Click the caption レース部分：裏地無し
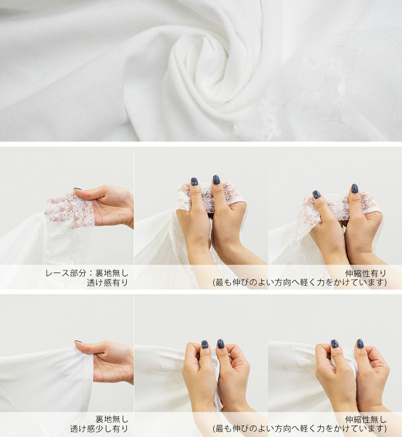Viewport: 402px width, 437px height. pyautogui.click(x=87, y=273)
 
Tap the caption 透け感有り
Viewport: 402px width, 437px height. pyautogui.click(x=107, y=282)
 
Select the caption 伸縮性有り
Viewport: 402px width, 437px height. pyautogui.click(x=366, y=273)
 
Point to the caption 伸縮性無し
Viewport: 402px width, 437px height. pyautogui.click(x=366, y=419)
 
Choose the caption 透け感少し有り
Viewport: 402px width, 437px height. pyautogui.click(x=99, y=429)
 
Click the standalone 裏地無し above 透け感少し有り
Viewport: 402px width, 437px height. pyautogui.click(x=112, y=419)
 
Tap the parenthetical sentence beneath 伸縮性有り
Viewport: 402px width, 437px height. pyautogui.click(x=300, y=282)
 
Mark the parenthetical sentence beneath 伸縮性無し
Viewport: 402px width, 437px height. pyautogui.click(x=300, y=429)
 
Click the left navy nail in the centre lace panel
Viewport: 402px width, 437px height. pyautogui.click(x=194, y=182)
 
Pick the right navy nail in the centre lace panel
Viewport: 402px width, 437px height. pyautogui.click(x=216, y=180)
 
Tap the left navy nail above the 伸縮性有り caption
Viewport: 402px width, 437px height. pyautogui.click(x=316, y=194)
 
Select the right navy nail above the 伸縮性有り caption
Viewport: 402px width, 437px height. pyautogui.click(x=355, y=188)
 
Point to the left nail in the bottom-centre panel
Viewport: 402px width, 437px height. pyautogui.click(x=205, y=344)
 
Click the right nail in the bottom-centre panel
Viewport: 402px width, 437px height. pyautogui.click(x=221, y=344)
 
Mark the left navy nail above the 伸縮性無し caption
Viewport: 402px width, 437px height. pyautogui.click(x=334, y=344)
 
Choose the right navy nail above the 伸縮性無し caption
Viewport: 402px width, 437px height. pyautogui.click(x=360, y=343)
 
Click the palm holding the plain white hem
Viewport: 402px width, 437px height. pyautogui.click(x=111, y=362)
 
